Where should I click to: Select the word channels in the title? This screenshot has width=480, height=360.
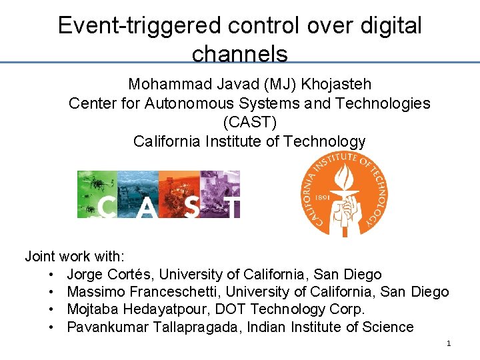[239, 53]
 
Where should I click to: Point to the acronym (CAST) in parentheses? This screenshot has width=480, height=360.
[249, 123]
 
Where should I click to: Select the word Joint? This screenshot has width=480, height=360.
[40, 256]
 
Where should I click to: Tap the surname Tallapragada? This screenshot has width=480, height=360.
[195, 327]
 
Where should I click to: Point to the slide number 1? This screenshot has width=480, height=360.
[449, 343]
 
